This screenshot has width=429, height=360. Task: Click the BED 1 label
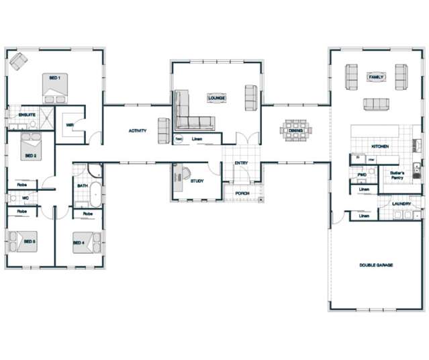click(55, 79)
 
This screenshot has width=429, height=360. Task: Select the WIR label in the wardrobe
click(70, 124)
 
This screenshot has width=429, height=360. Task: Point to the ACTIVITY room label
click(138, 131)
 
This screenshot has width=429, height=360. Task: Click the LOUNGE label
click(216, 98)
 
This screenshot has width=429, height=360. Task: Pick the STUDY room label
click(197, 181)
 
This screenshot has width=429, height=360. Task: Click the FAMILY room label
click(376, 78)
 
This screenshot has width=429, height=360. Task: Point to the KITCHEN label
click(381, 146)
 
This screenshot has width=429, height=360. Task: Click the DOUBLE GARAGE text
click(376, 265)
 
